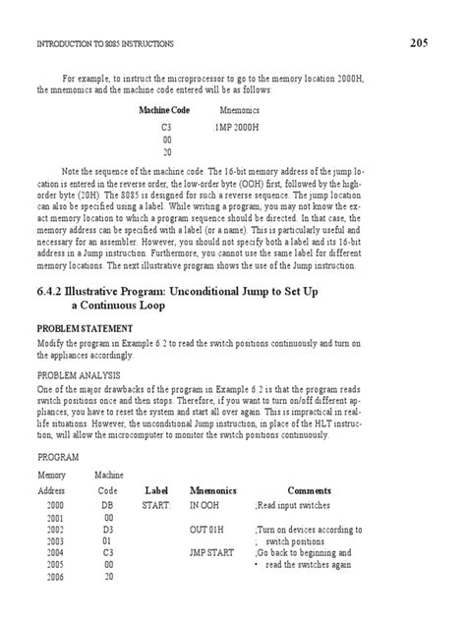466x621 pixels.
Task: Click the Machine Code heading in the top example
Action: [166, 110]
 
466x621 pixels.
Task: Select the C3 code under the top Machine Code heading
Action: [166, 128]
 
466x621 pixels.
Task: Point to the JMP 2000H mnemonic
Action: [237, 128]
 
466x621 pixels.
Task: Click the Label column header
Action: [157, 489]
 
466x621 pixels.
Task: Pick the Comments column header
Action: [309, 489]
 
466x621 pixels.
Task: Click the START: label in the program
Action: [156, 504]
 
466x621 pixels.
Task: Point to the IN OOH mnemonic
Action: [205, 504]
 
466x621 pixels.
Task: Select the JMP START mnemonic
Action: [211, 554]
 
